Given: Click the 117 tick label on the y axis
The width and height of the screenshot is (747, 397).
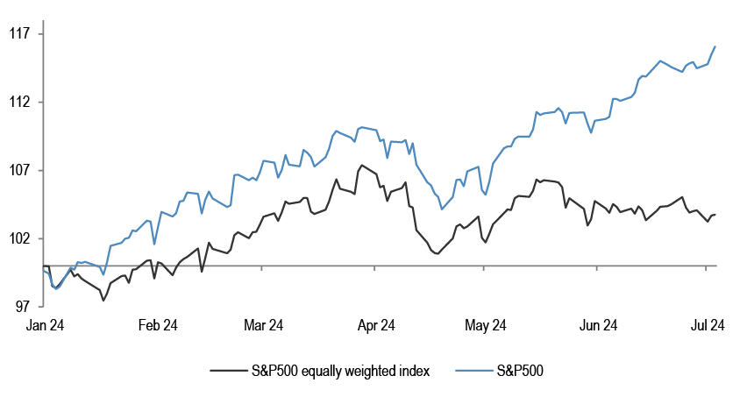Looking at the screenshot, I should coord(19,34).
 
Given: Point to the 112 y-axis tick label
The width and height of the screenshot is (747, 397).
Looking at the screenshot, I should coord(19,103).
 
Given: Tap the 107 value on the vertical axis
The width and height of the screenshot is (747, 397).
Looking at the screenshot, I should coord(19,170).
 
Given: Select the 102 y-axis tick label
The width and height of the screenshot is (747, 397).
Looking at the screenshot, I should coord(19,238).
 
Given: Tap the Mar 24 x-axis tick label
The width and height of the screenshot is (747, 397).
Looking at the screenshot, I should coord(262,325).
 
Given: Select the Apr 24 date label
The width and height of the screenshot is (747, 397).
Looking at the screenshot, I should coord(375,325).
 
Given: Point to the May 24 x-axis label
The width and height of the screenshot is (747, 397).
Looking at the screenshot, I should coord(485,325).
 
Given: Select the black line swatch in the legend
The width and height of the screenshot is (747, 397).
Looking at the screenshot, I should coord(227,371).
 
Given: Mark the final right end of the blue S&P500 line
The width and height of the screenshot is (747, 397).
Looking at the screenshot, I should coord(715,46).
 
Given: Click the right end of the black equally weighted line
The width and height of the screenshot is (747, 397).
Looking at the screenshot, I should coord(715,214).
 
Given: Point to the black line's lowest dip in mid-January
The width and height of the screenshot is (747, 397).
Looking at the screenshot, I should coord(103,301).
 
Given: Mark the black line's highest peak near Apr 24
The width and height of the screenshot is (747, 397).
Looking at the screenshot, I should coord(361,165).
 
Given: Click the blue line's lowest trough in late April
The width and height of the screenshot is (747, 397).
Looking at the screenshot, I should coord(444,209).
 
